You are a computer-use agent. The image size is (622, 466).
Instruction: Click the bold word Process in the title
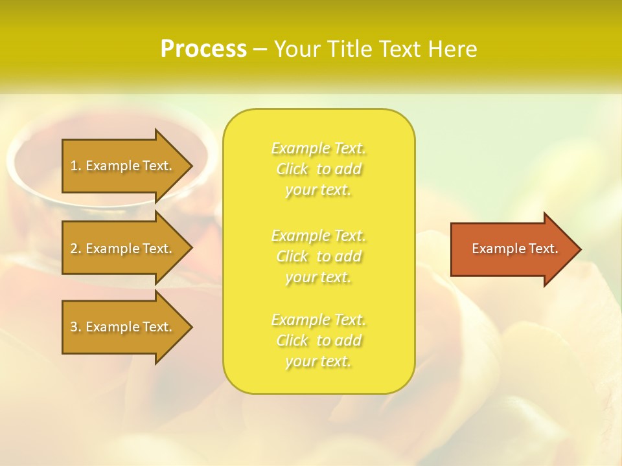(203, 49)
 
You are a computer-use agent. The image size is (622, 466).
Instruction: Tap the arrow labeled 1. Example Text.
(123, 166)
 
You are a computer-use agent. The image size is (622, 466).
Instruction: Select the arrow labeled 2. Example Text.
(123, 249)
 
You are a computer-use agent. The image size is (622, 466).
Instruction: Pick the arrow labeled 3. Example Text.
(123, 327)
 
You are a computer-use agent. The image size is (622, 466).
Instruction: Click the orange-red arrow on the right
(512, 249)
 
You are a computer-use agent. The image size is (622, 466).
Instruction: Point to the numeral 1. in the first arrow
(76, 166)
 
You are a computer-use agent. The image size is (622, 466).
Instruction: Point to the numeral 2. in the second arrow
(76, 249)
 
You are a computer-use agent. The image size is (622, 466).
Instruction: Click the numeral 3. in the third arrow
(76, 327)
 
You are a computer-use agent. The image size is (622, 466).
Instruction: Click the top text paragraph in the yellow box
(319, 169)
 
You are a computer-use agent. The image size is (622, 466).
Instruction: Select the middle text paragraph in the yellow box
(319, 256)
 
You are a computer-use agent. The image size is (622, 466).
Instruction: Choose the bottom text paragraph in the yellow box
(319, 340)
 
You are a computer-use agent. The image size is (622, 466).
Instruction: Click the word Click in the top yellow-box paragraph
(292, 169)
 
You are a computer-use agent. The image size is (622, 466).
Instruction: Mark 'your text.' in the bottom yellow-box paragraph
(318, 361)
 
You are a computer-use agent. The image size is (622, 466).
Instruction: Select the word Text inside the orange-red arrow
(544, 249)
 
